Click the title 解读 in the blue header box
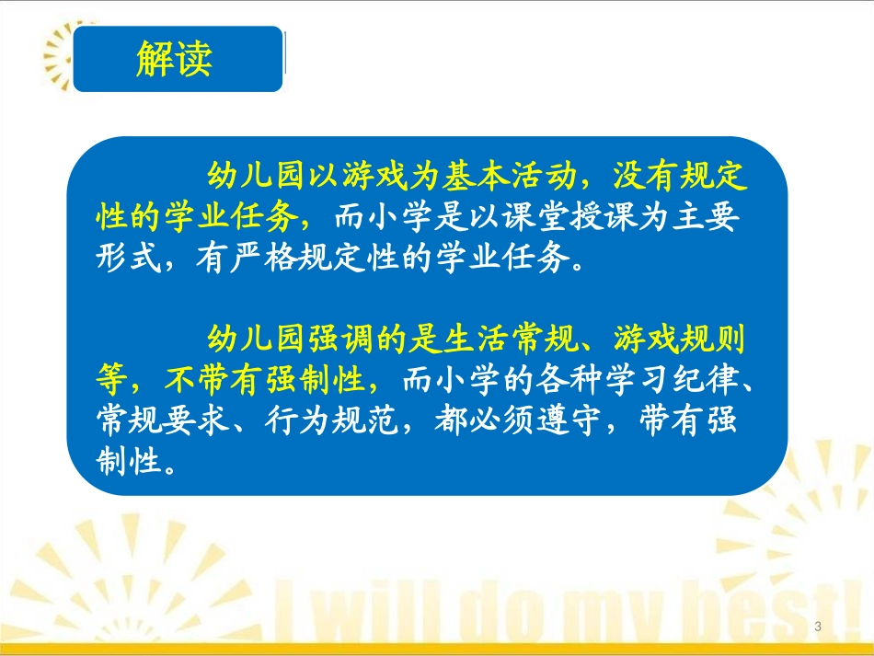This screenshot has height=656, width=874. [175, 59]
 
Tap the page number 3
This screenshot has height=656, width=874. [818, 627]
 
